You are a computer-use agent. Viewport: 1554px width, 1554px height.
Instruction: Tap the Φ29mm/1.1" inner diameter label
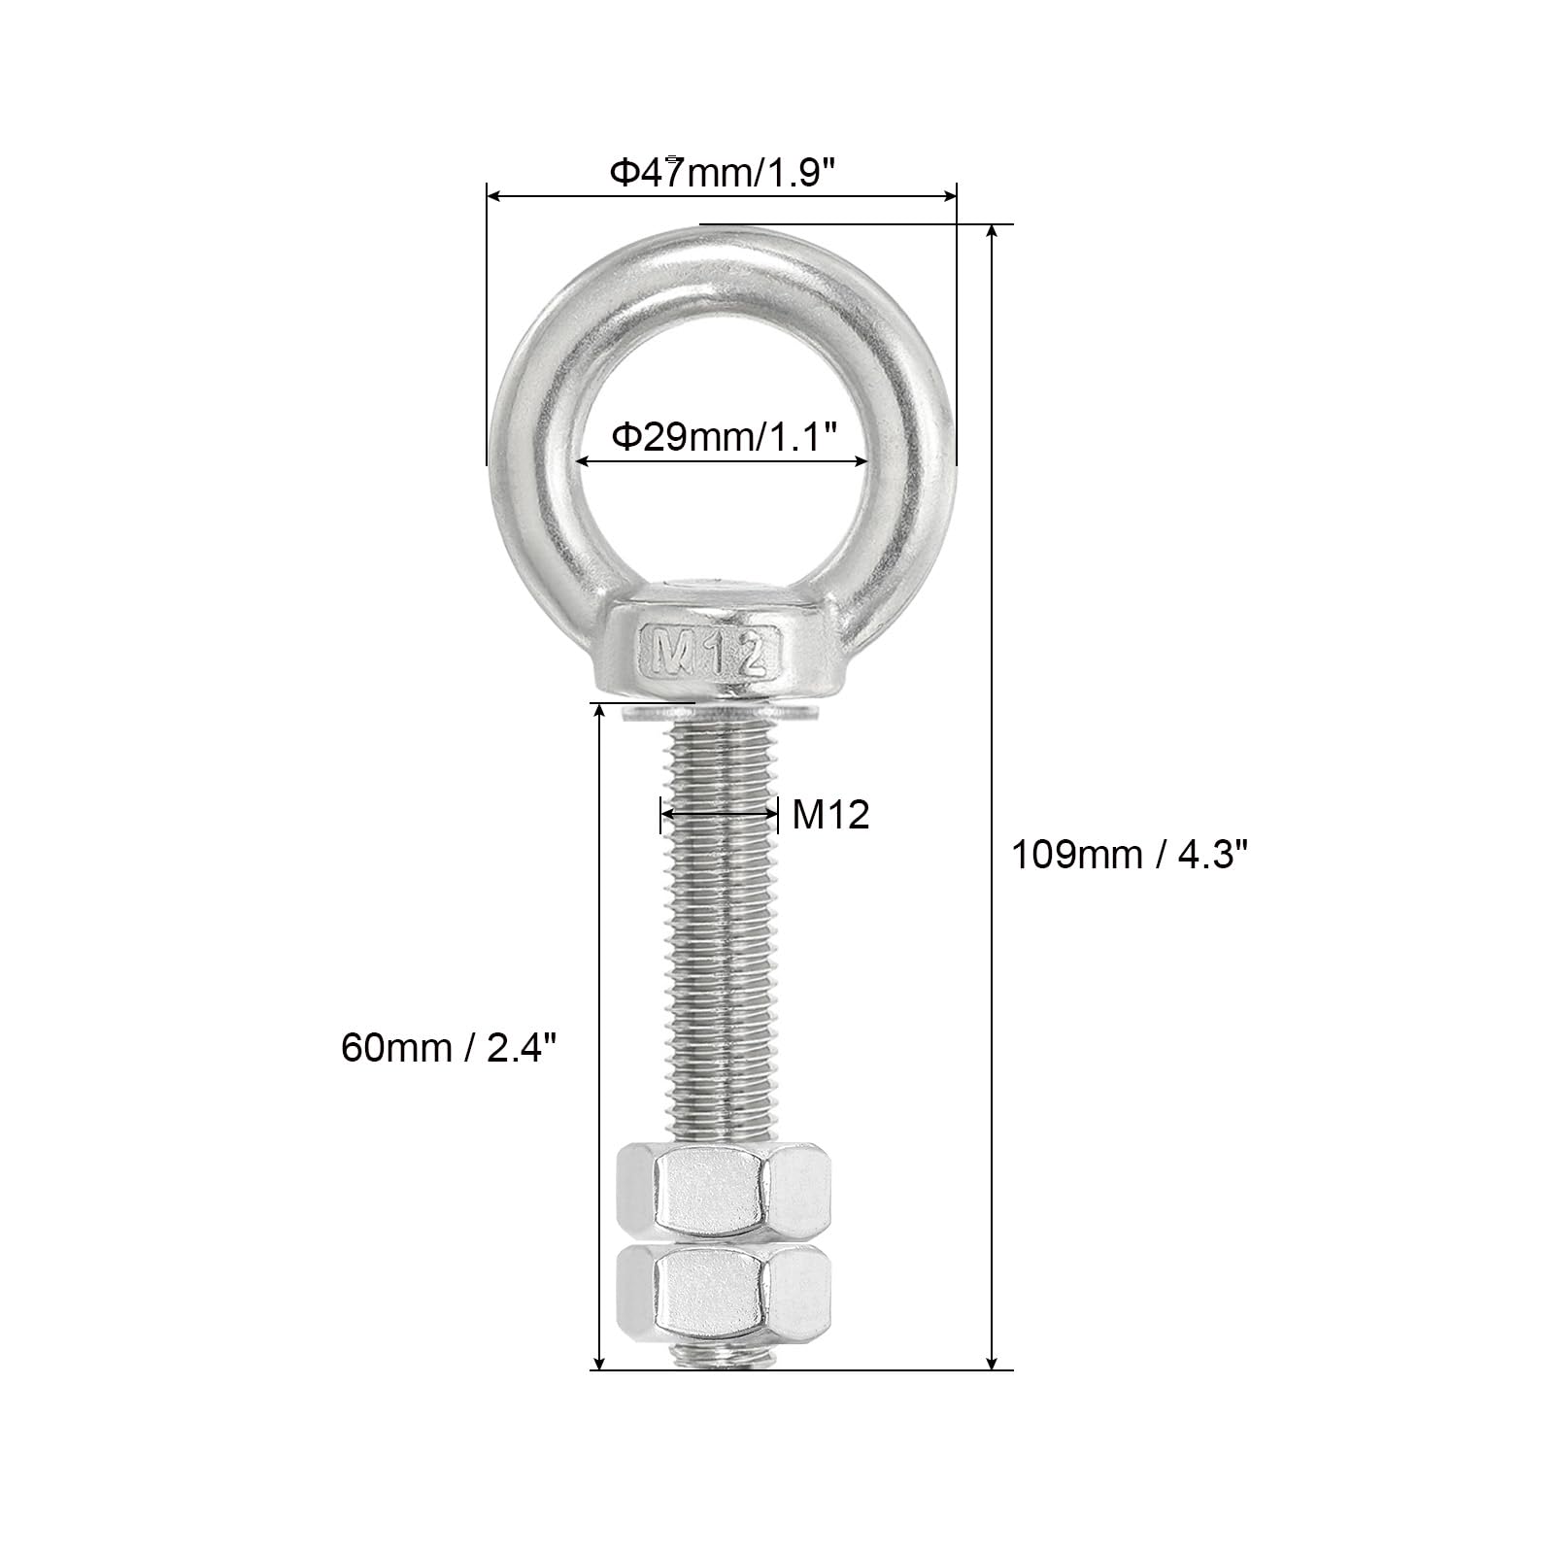pyautogui.click(x=724, y=436)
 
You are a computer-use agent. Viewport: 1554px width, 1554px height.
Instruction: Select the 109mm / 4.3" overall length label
pyautogui.click(x=1130, y=855)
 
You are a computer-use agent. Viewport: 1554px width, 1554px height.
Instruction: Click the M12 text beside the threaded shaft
pyautogui.click(x=830, y=815)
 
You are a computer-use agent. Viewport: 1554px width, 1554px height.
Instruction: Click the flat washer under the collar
pyautogui.click(x=721, y=715)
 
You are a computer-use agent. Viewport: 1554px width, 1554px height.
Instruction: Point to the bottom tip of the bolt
pyautogui.click(x=724, y=1367)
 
